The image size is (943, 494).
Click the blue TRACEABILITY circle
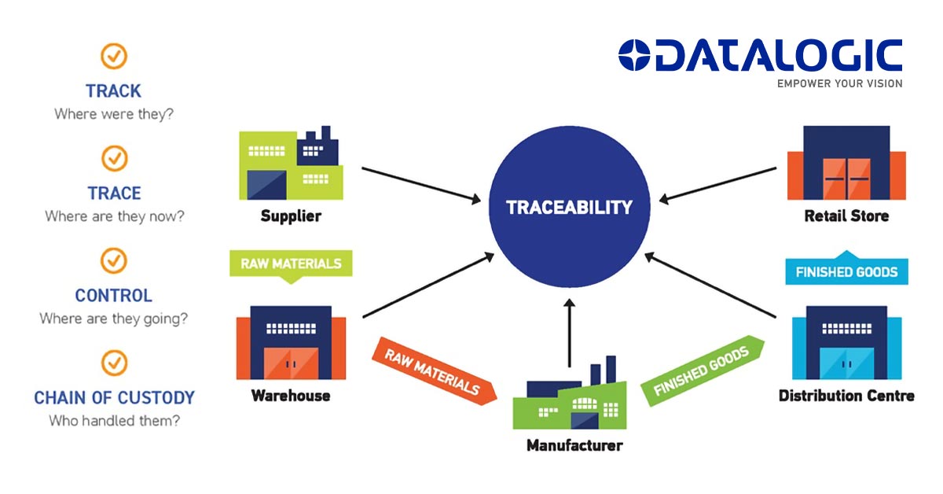(x=569, y=208)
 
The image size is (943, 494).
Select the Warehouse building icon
(x=291, y=343)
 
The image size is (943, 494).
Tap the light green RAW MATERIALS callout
(x=291, y=264)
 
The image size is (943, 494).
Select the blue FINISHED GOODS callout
(x=846, y=271)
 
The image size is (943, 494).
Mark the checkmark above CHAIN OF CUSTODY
(x=115, y=363)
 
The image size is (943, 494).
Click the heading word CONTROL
(x=114, y=296)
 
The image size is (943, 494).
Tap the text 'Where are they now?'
(x=114, y=216)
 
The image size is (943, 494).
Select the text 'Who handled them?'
(x=114, y=421)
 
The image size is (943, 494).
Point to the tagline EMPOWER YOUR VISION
(x=839, y=83)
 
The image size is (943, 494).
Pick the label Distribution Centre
(x=846, y=396)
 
